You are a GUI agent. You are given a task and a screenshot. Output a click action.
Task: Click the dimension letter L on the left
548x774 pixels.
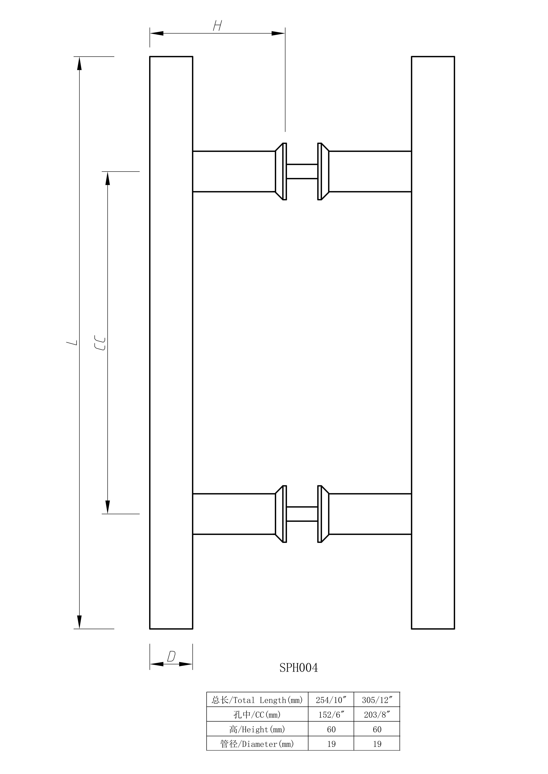pos(72,343)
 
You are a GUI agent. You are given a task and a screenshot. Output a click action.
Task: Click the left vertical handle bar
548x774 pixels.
pos(171,343)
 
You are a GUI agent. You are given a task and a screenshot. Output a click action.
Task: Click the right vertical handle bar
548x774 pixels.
pos(433,343)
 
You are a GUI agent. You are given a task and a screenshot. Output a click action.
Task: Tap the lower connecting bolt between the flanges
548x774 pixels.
pos(302,514)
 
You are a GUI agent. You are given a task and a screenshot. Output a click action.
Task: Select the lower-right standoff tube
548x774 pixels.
pos(370,514)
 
